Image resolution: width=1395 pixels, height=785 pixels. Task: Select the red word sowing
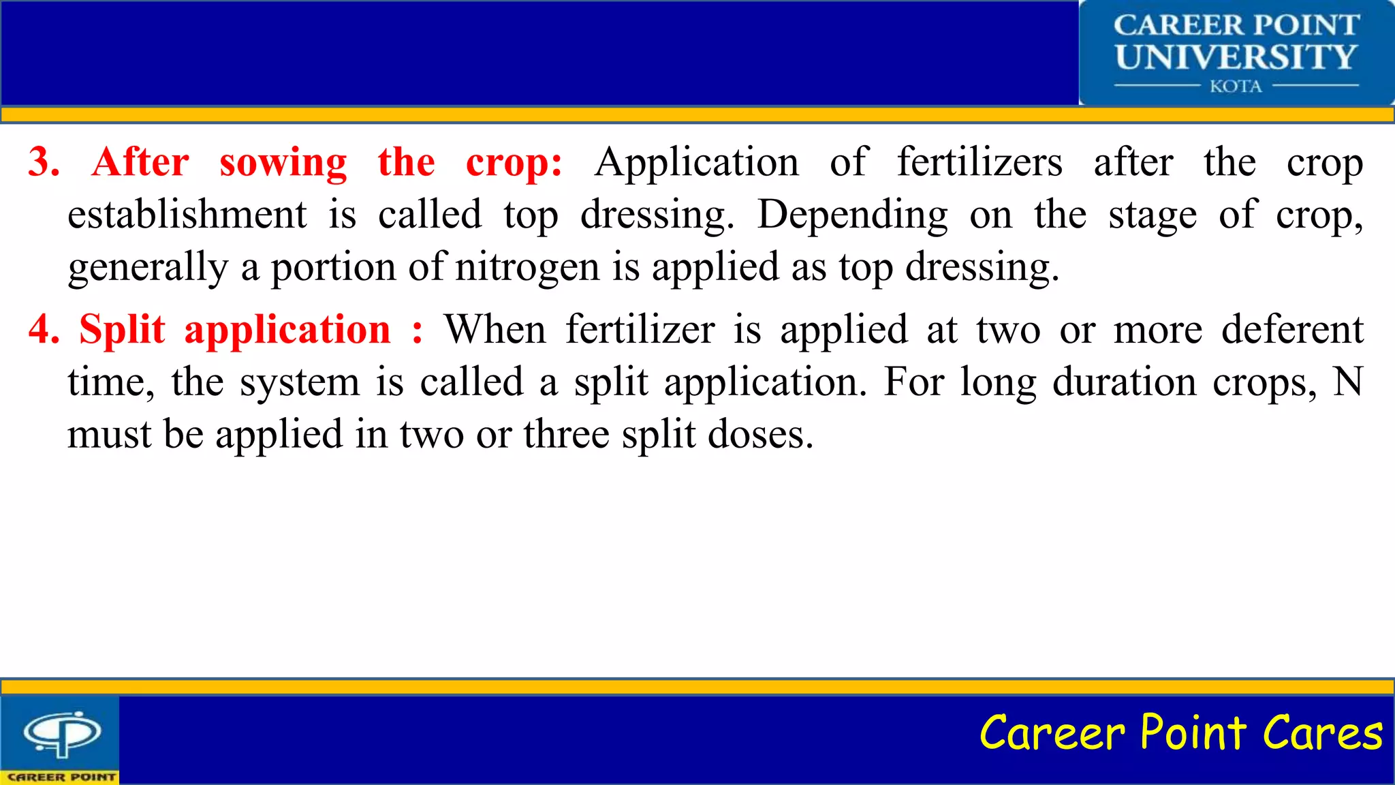coord(283,164)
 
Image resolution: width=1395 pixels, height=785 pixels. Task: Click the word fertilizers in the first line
coord(979,162)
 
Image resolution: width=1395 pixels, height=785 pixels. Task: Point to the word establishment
coord(187,215)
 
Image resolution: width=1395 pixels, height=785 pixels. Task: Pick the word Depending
coord(852,216)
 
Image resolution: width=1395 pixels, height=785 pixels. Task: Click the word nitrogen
coord(527,267)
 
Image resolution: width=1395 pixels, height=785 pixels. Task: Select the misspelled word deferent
coord(1292,330)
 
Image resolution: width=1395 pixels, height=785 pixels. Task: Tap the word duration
coord(1124,382)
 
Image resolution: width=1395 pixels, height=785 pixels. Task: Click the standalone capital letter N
coord(1347,382)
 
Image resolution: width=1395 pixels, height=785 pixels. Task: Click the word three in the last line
coord(566,434)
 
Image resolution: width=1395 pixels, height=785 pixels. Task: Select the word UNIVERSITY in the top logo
coord(1236,57)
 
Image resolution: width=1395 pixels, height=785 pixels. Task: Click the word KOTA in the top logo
coord(1236,87)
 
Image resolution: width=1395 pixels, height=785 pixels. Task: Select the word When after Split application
coord(495,330)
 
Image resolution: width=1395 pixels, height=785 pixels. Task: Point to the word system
coord(300,382)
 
